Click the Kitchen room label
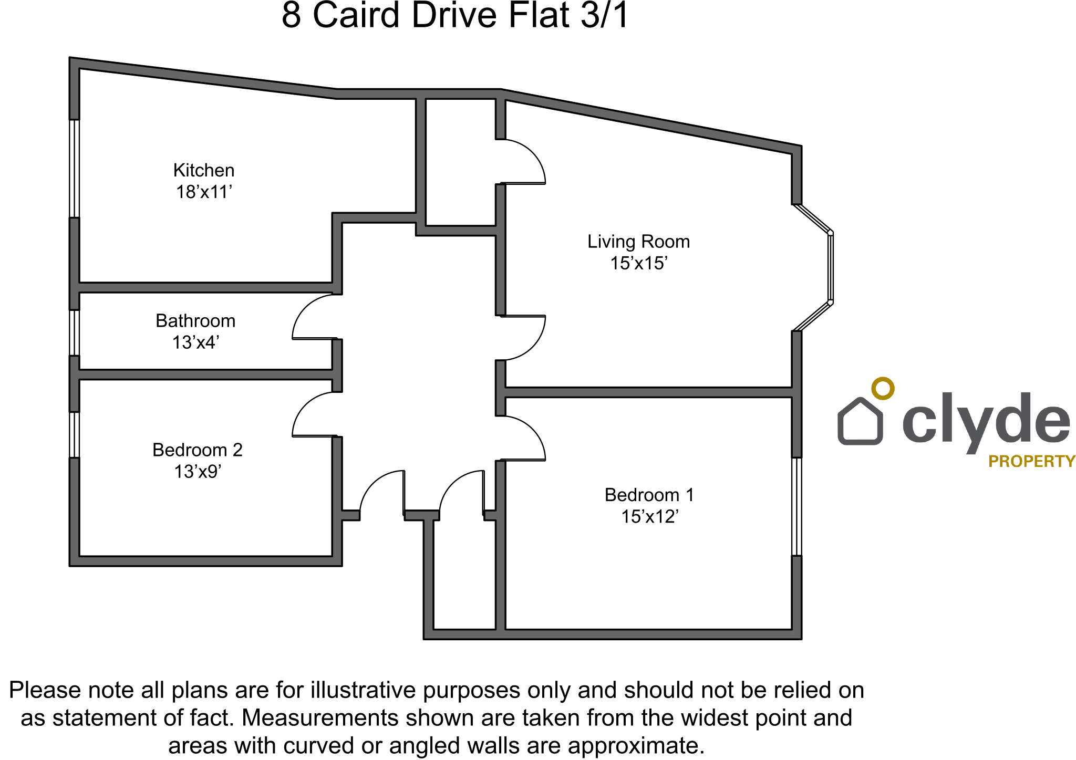204,170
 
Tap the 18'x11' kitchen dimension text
204,192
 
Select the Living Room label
638,242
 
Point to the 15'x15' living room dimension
638,263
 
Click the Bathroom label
195,321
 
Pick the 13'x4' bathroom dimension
195,342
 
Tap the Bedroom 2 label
198,450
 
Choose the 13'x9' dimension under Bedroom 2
198,472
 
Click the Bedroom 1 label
649,495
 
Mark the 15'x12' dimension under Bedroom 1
649,517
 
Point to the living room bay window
830,267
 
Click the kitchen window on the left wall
75,169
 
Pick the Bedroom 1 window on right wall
796,506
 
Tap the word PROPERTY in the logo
1031,462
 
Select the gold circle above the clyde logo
883,388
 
